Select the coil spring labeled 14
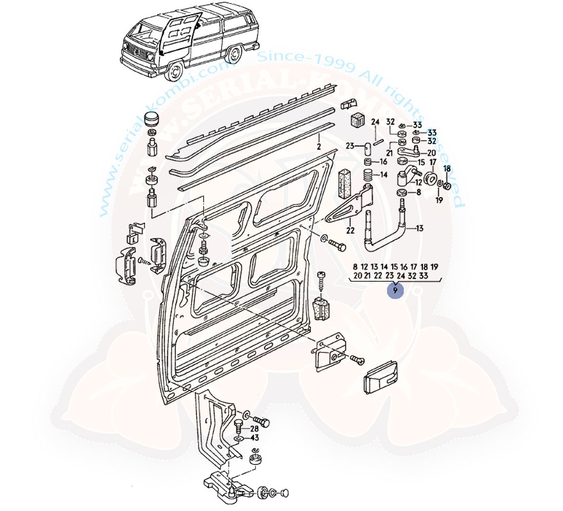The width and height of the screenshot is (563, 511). pos(368,175)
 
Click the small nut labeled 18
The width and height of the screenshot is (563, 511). pos(446,186)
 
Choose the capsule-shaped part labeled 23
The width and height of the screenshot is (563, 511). pos(368,148)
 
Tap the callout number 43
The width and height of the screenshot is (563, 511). pos(255,438)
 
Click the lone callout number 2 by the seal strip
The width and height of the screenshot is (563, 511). pos(319,147)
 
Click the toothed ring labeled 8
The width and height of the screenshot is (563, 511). pos(402,192)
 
